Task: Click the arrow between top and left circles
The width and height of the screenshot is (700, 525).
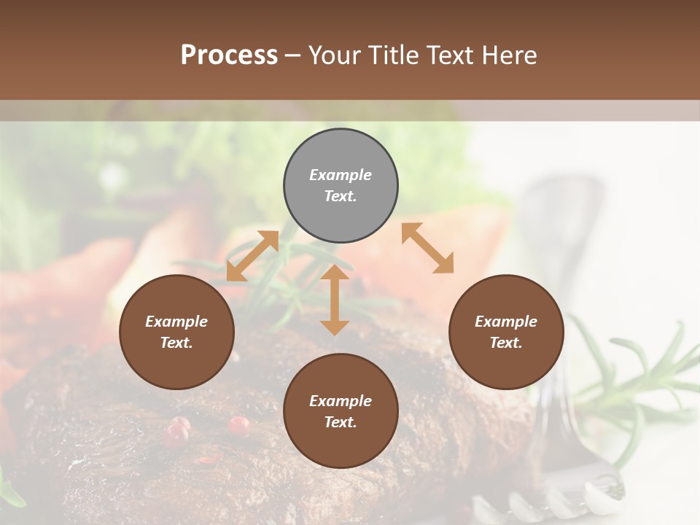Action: tap(252, 256)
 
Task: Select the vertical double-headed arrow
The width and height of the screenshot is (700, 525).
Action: tap(335, 300)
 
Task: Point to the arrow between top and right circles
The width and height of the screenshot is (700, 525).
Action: tap(427, 248)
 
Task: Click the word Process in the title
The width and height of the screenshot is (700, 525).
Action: tap(229, 55)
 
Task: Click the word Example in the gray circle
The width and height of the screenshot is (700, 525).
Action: tap(341, 175)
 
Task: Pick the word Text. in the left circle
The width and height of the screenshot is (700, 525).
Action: tap(176, 343)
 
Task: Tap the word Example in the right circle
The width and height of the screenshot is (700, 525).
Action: tap(506, 322)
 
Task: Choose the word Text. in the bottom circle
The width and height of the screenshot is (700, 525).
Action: tap(341, 422)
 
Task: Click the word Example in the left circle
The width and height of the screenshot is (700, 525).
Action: tap(176, 322)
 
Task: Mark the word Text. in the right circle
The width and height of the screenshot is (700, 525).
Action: tap(506, 343)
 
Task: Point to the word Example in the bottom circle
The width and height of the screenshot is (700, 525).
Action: tap(341, 401)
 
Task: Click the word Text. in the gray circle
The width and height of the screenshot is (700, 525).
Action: tap(341, 196)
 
